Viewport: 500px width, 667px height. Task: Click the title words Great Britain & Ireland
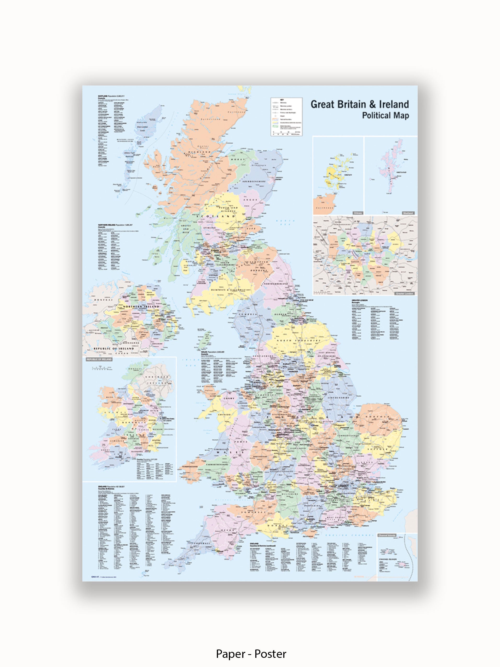click(360, 105)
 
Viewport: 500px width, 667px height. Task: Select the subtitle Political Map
click(385, 116)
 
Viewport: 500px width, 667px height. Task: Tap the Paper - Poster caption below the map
click(251, 654)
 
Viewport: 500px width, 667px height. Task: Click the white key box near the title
click(286, 117)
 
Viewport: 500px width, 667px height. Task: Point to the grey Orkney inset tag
click(358, 213)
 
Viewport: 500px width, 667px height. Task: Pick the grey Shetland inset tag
click(408, 213)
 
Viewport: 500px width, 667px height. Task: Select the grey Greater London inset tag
click(405, 293)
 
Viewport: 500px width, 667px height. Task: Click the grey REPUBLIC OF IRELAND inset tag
click(99, 359)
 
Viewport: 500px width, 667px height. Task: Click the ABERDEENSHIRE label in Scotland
click(254, 182)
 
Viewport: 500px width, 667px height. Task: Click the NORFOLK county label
click(377, 417)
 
